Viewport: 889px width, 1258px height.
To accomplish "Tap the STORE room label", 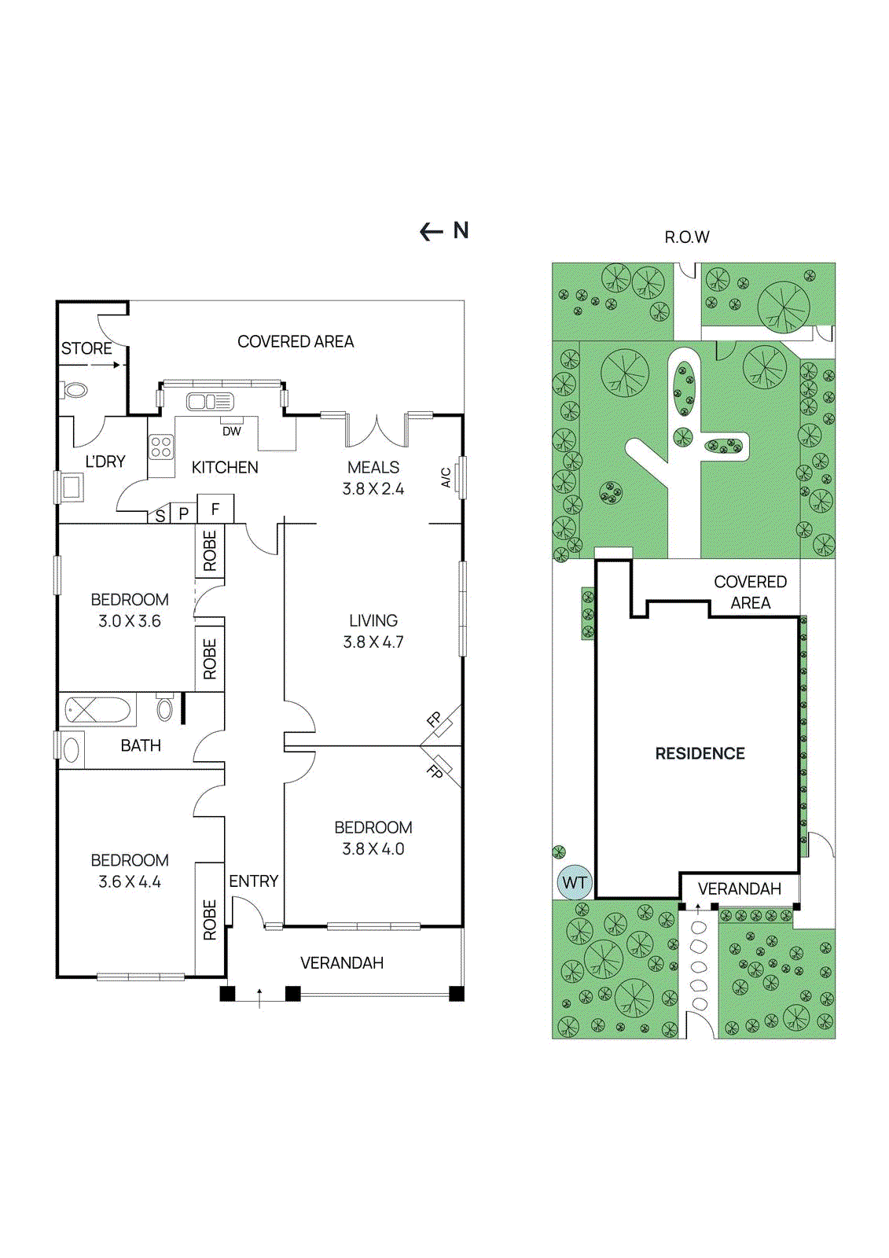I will point(86,348).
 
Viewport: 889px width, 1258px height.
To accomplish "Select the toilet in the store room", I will point(74,390).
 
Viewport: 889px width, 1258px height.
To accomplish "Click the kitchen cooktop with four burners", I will point(161,447).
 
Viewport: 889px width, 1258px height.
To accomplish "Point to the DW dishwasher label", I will point(231,432).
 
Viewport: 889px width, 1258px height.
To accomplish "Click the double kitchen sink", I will point(209,402).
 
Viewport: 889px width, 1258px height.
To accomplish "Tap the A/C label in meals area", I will point(446,477).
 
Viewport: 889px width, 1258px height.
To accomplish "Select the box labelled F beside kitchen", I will point(215,509).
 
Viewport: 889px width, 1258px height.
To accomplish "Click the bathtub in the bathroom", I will point(97,710).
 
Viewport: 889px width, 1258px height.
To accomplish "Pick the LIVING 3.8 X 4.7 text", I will point(373,631).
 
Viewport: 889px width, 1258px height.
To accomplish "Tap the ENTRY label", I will point(253,881).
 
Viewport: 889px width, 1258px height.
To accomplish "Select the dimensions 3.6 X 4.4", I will point(130,882).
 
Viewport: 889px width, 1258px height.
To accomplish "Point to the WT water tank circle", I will point(574,882).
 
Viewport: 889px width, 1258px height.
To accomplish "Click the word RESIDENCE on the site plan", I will point(700,753).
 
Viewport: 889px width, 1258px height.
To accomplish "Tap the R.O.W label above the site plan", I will point(686,237).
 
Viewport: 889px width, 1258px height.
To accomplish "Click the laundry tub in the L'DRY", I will point(72,487).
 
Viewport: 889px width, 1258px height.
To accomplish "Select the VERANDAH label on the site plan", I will point(739,888).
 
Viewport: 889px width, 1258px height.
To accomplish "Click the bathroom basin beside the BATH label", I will point(71,749).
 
